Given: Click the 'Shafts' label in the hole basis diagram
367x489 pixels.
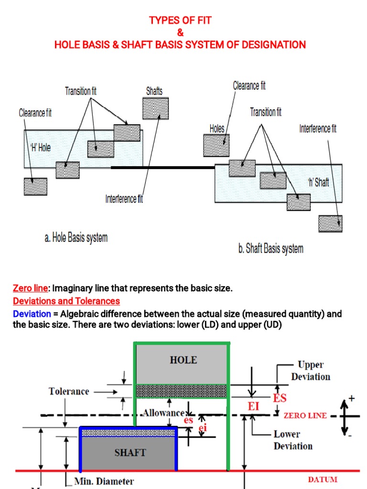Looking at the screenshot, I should coord(154,91).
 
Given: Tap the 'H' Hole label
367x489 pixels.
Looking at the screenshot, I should coord(40,148).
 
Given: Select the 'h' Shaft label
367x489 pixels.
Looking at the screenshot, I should coord(318,182).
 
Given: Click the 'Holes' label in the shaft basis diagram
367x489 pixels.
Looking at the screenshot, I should coord(217,128).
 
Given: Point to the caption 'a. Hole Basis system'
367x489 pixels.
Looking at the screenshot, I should coord(76,238).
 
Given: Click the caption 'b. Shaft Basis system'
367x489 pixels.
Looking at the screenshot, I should coord(271,249).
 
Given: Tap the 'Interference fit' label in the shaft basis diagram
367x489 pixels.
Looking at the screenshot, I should coord(318,128).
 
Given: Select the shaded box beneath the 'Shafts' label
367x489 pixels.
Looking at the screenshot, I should coord(155,108).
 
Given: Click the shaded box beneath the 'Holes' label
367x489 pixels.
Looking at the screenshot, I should coord(216,145).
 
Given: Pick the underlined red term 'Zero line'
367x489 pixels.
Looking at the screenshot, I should coord(31,288).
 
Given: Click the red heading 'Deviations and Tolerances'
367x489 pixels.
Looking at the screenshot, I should coord(66,301).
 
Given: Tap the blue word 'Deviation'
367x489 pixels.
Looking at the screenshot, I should coord(32,314).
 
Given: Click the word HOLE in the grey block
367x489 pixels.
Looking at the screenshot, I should coord(183,360).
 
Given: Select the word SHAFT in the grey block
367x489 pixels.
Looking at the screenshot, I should coord(130,452).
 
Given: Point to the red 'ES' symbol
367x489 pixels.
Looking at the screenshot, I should coord(280,397).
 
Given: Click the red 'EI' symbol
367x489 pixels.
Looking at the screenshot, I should coord(254,406).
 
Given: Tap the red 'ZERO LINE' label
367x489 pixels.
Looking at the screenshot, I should coord(305,415).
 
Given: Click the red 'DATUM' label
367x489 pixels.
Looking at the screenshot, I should coord(323,479).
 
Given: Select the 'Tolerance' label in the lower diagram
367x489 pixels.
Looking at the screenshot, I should coord(69,392).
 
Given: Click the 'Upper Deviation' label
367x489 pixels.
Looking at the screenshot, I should coord(311,371).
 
